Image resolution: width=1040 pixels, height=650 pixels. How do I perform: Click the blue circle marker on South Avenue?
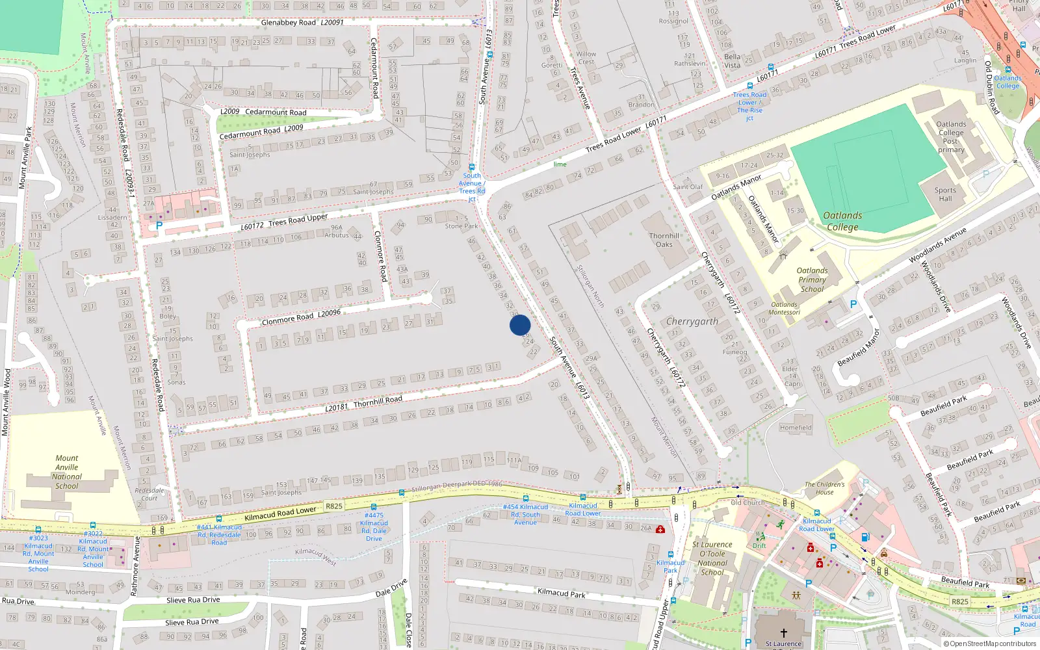pos(520,325)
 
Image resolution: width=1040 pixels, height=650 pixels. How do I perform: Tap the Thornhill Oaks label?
pos(664,240)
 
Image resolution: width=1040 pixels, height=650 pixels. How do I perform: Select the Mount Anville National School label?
pos(66,472)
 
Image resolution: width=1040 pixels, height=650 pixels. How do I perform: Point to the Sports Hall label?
pos(945,194)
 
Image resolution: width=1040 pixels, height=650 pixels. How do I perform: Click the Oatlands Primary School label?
pos(812,279)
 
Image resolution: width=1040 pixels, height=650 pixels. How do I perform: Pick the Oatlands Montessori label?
pos(785,308)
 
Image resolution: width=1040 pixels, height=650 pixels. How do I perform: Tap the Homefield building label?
pos(796,428)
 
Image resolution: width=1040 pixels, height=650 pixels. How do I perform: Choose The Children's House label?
pos(824,488)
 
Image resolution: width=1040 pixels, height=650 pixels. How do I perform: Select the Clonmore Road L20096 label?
pos(301,317)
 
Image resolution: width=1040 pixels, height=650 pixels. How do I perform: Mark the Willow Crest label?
pos(586,58)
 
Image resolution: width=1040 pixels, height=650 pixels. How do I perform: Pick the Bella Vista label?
pos(732,61)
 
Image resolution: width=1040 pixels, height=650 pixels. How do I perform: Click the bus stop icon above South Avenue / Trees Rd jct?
pos(472,167)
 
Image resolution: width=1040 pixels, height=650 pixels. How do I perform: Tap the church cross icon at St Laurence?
pos(783,632)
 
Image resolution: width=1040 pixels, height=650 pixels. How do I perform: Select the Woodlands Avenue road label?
pos(937,245)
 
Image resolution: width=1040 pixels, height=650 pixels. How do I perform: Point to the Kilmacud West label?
pos(316,556)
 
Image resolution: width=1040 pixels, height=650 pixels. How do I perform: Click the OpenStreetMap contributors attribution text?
pos(990,644)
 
